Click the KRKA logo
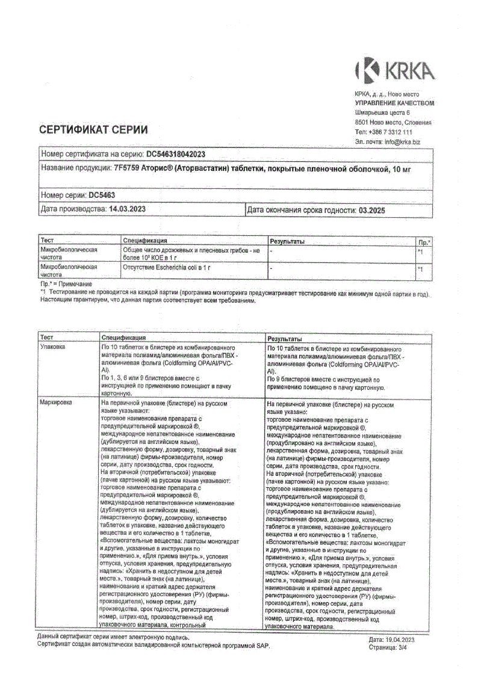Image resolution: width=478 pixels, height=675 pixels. [x=394, y=71]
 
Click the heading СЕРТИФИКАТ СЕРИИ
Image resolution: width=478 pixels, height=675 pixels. [x=93, y=129]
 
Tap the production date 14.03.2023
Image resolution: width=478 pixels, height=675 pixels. [x=127, y=209]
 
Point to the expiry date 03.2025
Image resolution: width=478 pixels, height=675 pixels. [x=372, y=211]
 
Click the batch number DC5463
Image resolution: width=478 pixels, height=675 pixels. [x=102, y=195]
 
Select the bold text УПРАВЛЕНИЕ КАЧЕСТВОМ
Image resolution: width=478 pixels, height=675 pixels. [x=394, y=103]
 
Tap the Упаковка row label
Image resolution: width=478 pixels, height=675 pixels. [x=52, y=348]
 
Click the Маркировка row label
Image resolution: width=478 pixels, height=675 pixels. [x=55, y=401]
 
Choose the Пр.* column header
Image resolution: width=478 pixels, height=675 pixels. [x=424, y=241]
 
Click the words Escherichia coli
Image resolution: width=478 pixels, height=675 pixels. [x=176, y=266]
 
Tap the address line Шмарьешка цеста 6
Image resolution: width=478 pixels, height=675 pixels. [x=382, y=112]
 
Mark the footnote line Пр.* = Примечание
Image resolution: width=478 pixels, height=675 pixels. [x=66, y=283]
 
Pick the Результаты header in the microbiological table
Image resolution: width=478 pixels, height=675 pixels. [x=287, y=241]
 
